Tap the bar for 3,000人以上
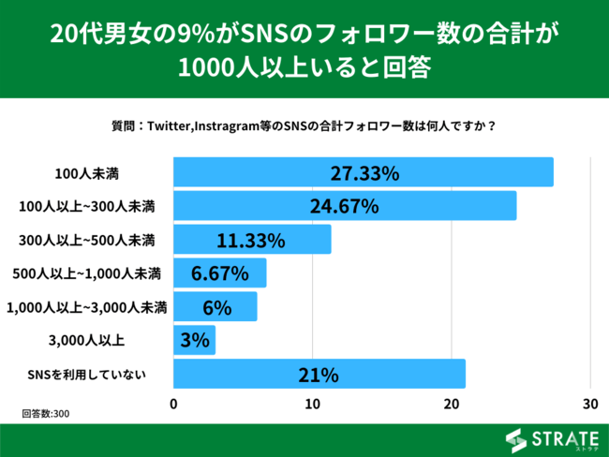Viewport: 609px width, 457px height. pyautogui.click(x=195, y=341)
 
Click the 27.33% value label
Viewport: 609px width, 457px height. pyautogui.click(x=364, y=173)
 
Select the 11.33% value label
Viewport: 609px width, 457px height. pyautogui.click(x=250, y=240)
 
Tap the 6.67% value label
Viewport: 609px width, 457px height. pyautogui.click(x=219, y=273)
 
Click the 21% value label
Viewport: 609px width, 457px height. pyautogui.click(x=319, y=375)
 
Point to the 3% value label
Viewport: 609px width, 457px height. pyautogui.click(x=194, y=341)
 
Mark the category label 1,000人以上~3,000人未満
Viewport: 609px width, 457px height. pyautogui.click(x=86, y=307)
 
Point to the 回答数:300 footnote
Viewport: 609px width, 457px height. pyautogui.click(x=46, y=412)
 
